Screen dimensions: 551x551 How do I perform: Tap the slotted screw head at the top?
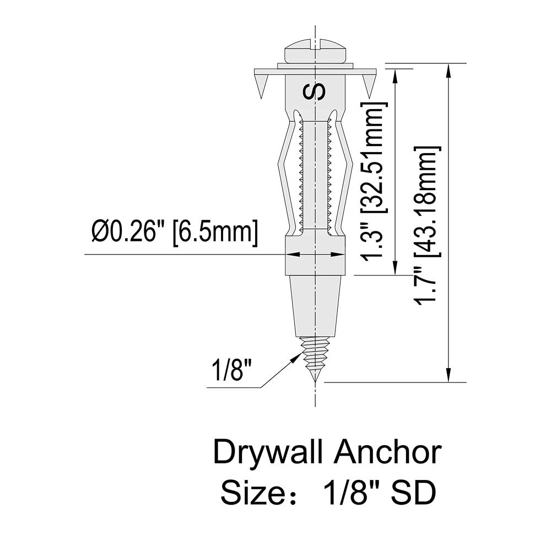[315, 53]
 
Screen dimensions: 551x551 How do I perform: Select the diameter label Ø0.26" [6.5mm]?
[175, 233]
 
